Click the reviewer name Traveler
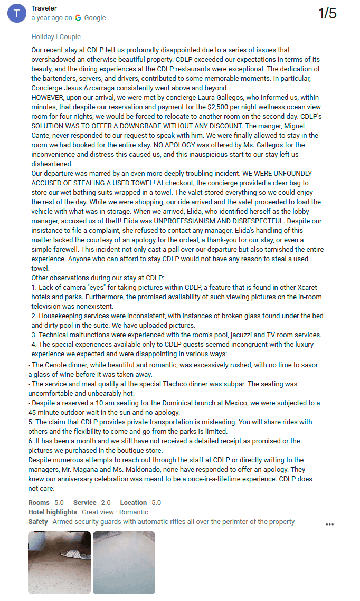pos(44,8)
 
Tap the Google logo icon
pos(78,18)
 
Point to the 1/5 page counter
pos(327,14)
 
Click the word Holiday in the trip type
pos(43,37)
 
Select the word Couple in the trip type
pos(70,37)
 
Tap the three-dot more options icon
pos(330,524)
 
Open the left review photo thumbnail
pos(59,562)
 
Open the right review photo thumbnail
pos(124,562)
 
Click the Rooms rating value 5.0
pos(59,503)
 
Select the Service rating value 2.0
pos(106,503)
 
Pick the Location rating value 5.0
pos(156,503)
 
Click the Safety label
pos(38,522)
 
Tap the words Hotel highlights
pos(52,512)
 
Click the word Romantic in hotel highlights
pos(134,512)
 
